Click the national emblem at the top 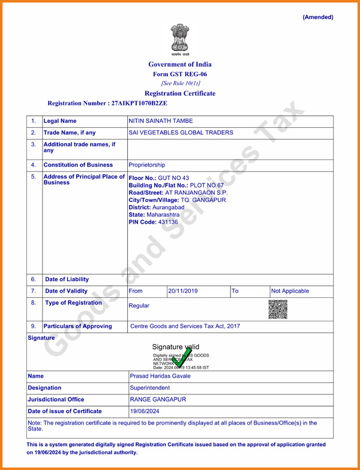pyautogui.click(x=179, y=40)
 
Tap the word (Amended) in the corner pyautogui.click(x=317, y=17)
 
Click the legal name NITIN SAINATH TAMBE pyautogui.click(x=161, y=121)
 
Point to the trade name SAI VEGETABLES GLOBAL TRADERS pyautogui.click(x=181, y=132)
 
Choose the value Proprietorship pyautogui.click(x=147, y=165)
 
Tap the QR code pyautogui.click(x=278, y=309)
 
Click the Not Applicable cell pyautogui.click(x=290, y=291)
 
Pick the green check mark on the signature pyautogui.click(x=181, y=358)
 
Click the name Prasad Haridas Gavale pyautogui.click(x=160, y=376)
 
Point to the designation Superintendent pyautogui.click(x=150, y=388)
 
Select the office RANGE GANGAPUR pyautogui.click(x=158, y=399)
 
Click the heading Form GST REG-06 pyautogui.click(x=180, y=74)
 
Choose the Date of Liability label pyautogui.click(x=67, y=279)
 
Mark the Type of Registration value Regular pyautogui.click(x=139, y=306)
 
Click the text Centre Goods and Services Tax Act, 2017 pyautogui.click(x=185, y=326)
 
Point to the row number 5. pyautogui.click(x=34, y=177)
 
